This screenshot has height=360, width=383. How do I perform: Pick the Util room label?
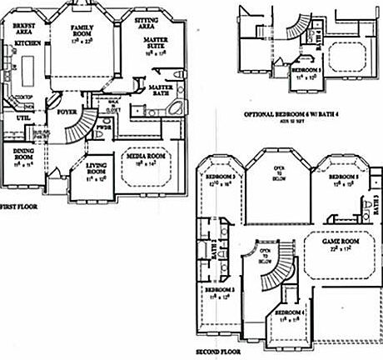pyautogui.click(x=22, y=119)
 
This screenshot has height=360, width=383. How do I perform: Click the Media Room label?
pyautogui.click(x=143, y=155)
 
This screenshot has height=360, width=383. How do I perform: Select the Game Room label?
pyautogui.click(x=340, y=241)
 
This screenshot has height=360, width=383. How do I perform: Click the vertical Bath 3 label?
pyautogui.click(x=376, y=202)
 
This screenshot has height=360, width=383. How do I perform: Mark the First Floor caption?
pyautogui.click(x=18, y=205)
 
